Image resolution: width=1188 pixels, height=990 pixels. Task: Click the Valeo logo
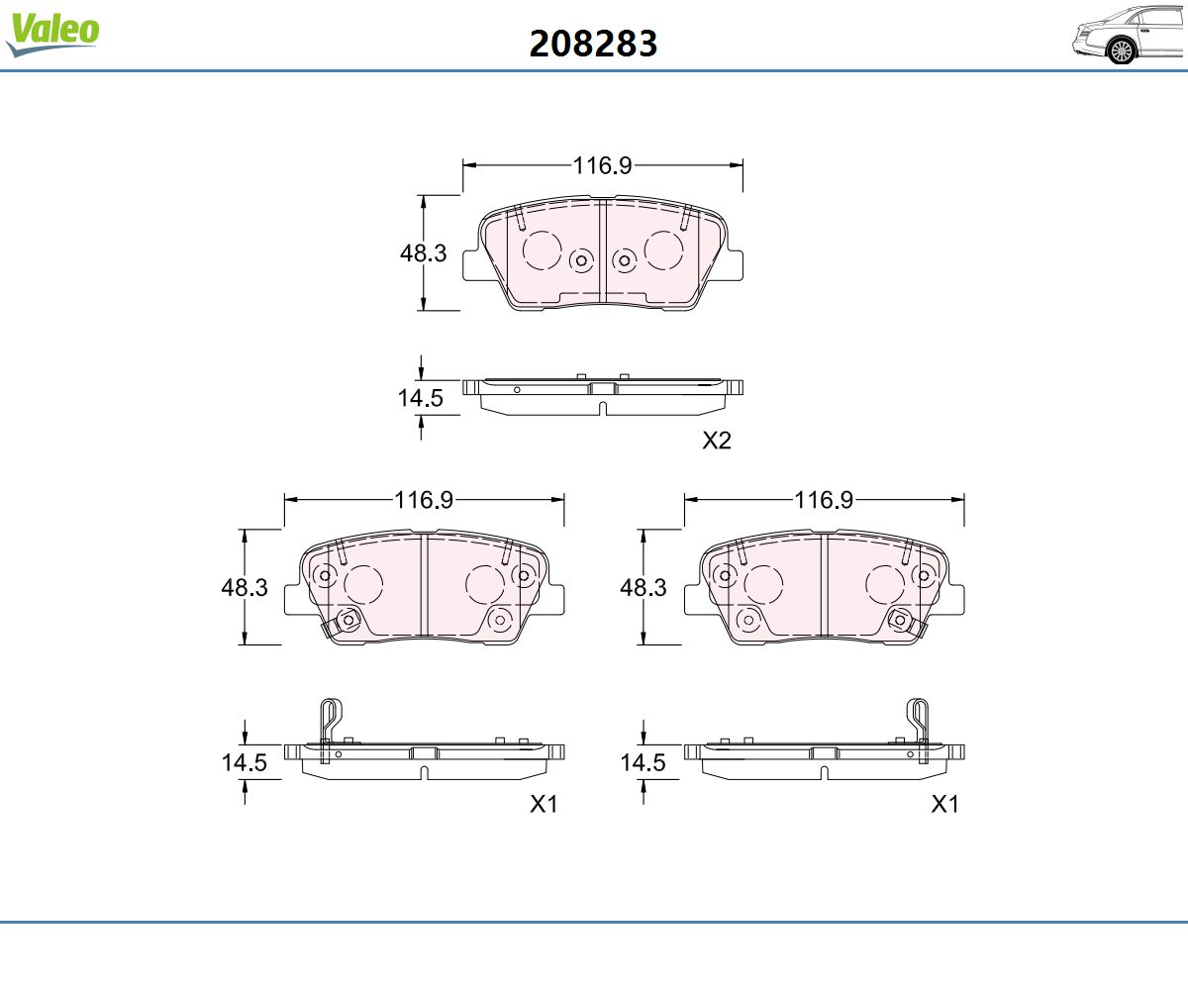(52, 34)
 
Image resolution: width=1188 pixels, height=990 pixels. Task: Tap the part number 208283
(593, 44)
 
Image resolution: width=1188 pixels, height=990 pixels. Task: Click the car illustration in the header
(1129, 36)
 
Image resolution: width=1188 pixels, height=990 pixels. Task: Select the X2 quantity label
(717, 441)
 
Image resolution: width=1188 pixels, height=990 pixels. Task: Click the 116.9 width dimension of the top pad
(602, 165)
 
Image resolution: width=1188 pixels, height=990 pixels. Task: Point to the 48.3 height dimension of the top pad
(424, 253)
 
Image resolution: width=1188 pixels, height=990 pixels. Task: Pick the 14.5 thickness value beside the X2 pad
(420, 398)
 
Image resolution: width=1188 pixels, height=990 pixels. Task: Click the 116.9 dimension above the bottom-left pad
(424, 500)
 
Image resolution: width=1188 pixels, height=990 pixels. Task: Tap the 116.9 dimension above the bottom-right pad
(824, 500)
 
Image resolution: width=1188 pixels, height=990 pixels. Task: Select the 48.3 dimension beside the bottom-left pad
(245, 587)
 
